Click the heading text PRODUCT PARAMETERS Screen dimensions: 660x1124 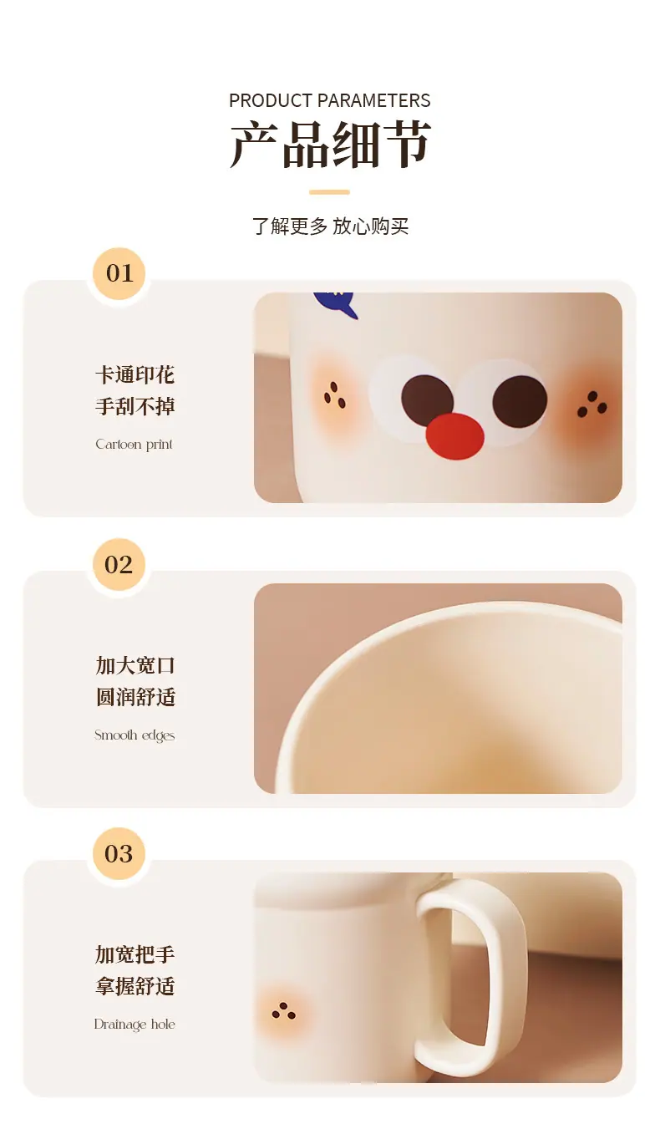click(x=329, y=100)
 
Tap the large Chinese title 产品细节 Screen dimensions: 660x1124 click(x=331, y=145)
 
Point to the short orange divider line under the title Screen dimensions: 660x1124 click(x=329, y=192)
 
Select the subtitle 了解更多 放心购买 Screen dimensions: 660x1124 click(x=331, y=226)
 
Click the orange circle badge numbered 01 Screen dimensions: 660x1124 click(x=119, y=273)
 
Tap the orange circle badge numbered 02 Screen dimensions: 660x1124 click(x=119, y=565)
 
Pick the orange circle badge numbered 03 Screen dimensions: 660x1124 click(x=119, y=853)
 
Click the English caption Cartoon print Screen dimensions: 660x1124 click(x=134, y=445)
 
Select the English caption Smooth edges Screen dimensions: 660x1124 click(x=135, y=735)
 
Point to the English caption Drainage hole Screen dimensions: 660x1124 click(x=135, y=1025)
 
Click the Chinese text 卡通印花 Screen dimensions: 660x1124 click(x=135, y=375)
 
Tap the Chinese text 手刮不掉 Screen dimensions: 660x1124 click(x=135, y=406)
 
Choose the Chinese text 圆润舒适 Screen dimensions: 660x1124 click(x=135, y=698)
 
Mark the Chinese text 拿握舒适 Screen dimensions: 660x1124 click(x=135, y=986)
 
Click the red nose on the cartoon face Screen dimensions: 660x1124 click(x=455, y=436)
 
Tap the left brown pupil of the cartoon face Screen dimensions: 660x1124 click(x=427, y=400)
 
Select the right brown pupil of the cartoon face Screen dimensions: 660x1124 click(x=520, y=401)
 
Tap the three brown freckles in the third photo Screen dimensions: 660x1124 click(x=283, y=1011)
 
